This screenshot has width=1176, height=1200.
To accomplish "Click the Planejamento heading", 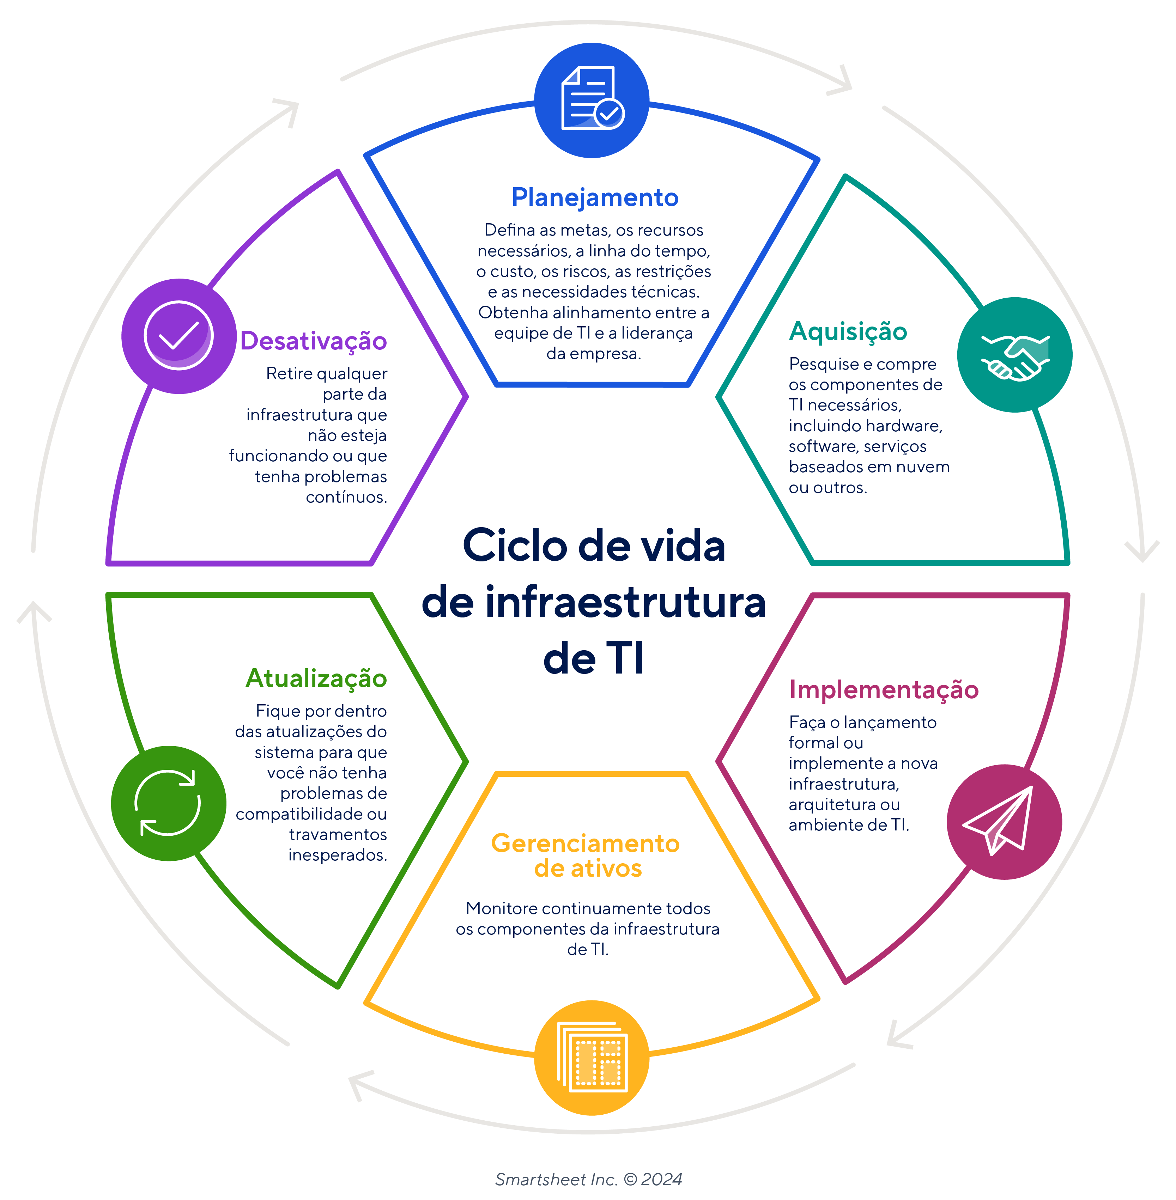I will point(595,197).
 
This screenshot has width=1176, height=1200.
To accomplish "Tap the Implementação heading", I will point(883,690).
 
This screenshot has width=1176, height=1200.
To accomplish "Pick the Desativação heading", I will point(313,341).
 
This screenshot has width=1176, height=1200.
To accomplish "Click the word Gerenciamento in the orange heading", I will point(585,843).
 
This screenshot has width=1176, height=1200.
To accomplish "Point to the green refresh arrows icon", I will point(168,803).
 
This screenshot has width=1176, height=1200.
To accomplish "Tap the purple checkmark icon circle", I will point(178,336).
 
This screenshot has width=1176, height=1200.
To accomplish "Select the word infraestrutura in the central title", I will point(625,602).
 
